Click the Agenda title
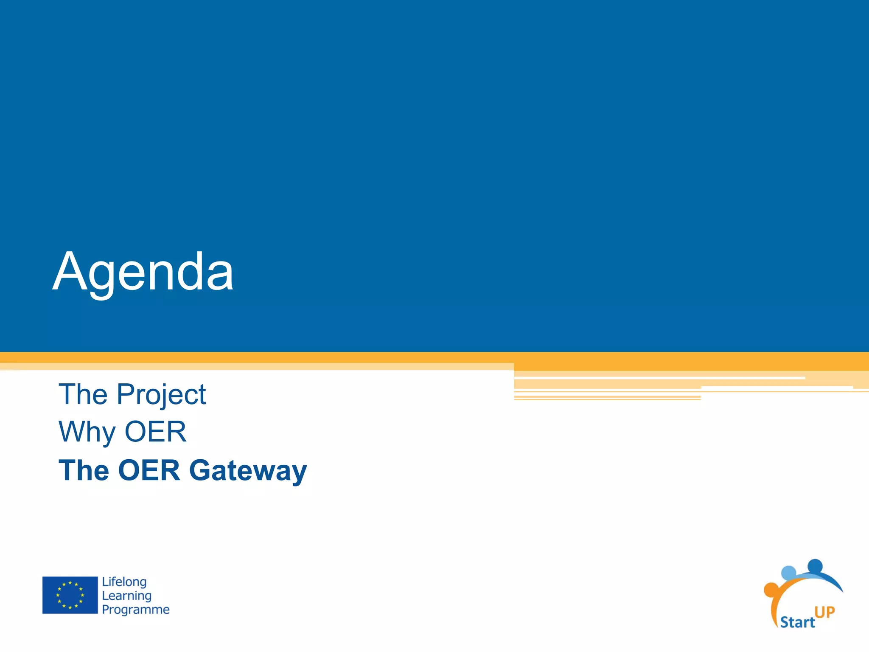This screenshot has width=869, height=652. click(143, 272)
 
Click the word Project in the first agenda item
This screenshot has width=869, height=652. click(161, 395)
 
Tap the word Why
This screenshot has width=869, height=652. click(87, 432)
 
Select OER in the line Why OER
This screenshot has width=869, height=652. click(155, 432)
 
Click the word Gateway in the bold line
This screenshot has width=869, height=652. click(248, 471)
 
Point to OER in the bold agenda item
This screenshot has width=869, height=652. click(149, 470)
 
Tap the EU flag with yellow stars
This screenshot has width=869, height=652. click(70, 595)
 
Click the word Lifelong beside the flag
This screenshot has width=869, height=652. click(124, 582)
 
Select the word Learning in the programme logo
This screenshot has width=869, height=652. click(126, 596)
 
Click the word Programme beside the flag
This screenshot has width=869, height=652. click(135, 610)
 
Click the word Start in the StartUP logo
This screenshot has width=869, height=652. click(797, 622)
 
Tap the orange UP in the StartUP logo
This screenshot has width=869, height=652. click(824, 612)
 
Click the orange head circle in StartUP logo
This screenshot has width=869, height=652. click(771, 590)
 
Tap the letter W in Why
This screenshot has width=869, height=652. click(74, 432)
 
